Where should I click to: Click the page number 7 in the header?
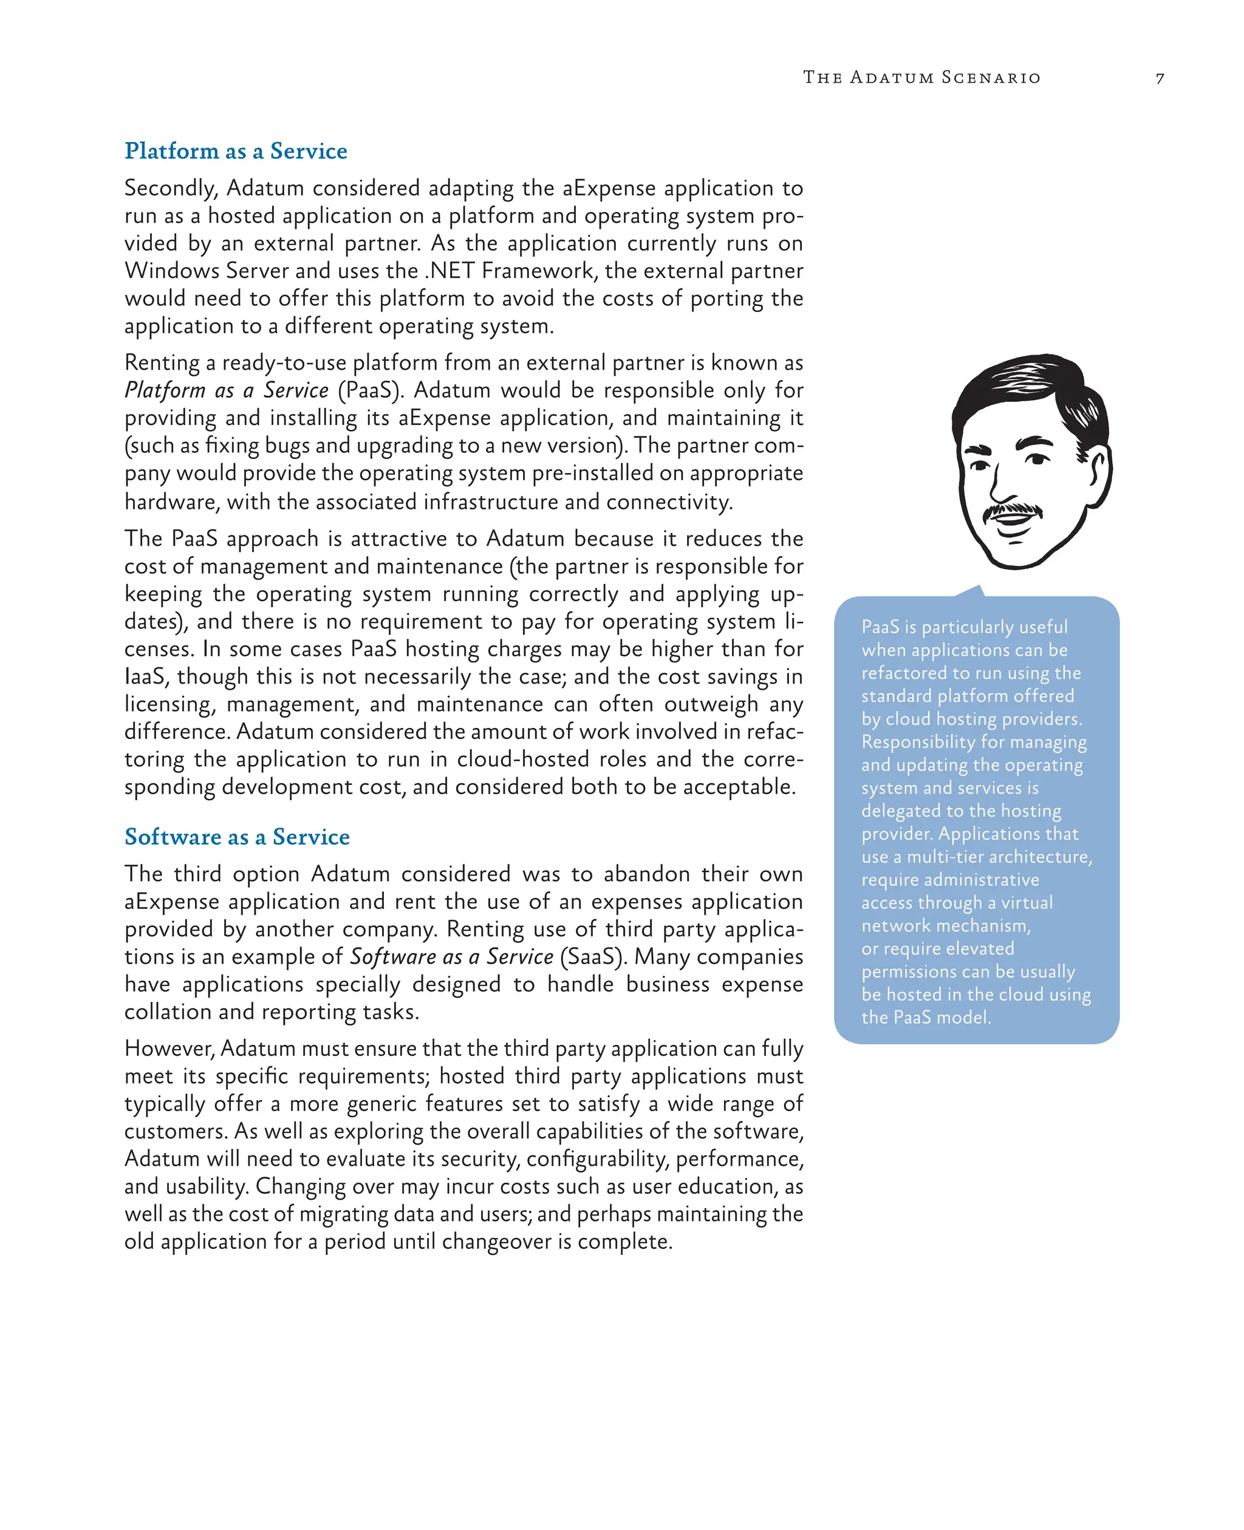[1160, 78]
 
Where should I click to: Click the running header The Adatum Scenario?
[921, 77]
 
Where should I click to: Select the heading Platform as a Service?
[236, 151]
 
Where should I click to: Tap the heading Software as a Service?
[237, 837]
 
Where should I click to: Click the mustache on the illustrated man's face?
[1012, 510]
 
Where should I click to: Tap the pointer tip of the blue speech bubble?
[977, 587]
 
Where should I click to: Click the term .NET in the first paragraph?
[451, 271]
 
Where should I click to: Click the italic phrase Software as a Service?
[451, 957]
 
